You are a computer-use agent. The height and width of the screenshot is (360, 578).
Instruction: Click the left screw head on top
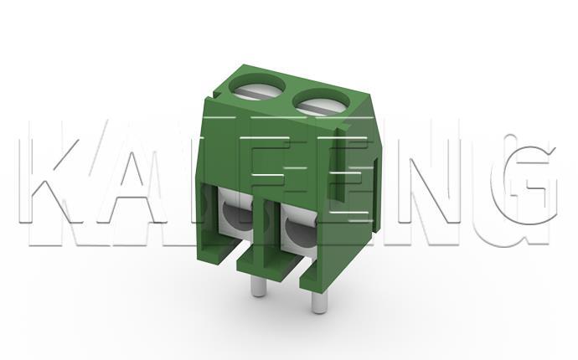[x=255, y=86]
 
